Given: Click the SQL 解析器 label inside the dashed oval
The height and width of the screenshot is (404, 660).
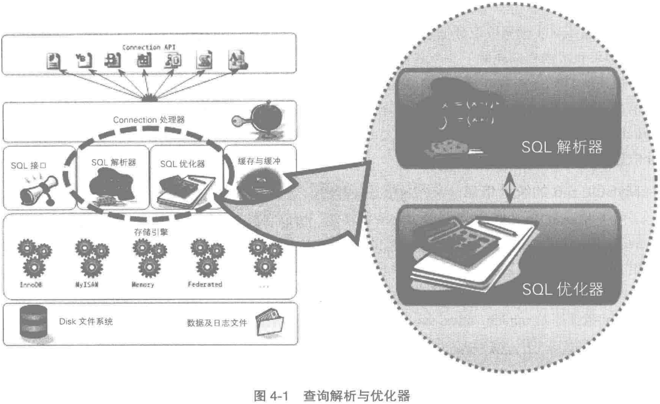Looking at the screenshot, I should (x=114, y=161).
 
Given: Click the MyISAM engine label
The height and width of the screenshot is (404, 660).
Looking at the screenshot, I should (x=88, y=284).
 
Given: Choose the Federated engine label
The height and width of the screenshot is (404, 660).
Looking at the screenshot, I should (x=205, y=284).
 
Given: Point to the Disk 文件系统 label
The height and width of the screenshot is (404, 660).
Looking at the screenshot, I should (x=86, y=321).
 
